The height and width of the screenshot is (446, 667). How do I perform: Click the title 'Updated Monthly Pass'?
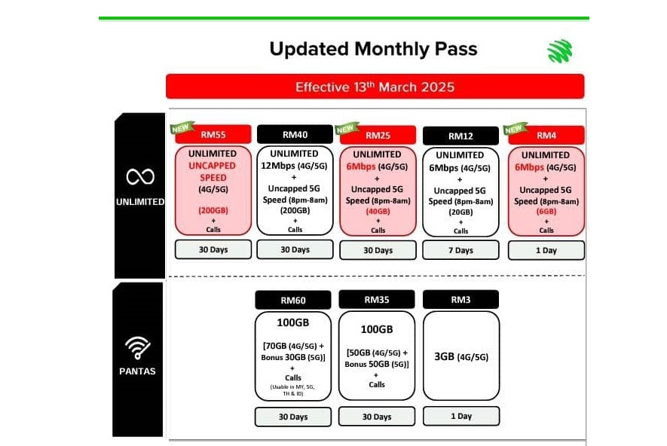(373, 50)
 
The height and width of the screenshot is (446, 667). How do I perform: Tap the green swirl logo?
(559, 51)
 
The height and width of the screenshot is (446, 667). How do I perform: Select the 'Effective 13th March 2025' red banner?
(375, 87)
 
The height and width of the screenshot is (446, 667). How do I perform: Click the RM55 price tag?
(213, 136)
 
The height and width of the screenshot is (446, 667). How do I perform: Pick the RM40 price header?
(295, 135)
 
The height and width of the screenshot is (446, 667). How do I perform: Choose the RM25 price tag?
(378, 136)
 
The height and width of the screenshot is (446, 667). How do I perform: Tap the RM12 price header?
(460, 136)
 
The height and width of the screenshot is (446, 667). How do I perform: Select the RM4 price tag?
(546, 136)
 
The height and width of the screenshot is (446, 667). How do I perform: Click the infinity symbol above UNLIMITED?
(139, 177)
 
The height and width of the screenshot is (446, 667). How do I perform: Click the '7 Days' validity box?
(460, 250)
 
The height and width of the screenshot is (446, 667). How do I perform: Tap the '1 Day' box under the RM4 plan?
(546, 250)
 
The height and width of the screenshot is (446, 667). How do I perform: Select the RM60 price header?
(293, 300)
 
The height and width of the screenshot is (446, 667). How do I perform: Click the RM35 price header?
(377, 299)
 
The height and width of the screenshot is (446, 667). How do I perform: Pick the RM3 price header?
(460, 300)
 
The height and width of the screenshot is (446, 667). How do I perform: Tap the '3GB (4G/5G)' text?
(460, 357)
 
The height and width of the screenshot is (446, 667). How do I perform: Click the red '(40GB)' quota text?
(378, 212)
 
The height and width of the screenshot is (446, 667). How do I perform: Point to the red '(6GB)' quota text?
(546, 212)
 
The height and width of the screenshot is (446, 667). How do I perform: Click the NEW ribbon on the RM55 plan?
(182, 127)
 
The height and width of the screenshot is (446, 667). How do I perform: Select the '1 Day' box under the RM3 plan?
(460, 416)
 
